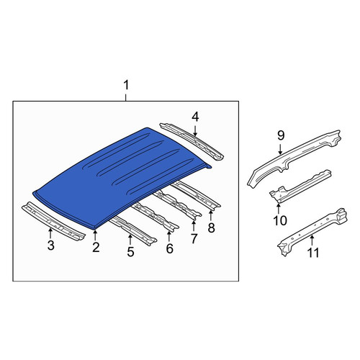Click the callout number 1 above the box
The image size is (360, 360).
126,86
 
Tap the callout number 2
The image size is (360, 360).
96,247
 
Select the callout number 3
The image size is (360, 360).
50,246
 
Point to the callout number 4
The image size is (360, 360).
195,117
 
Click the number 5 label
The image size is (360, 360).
130,252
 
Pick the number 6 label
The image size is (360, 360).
169,248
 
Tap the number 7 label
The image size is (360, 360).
194,238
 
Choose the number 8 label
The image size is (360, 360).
211,228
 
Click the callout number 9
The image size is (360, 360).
281,135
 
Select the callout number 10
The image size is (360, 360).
280,220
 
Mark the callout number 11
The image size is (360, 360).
313,253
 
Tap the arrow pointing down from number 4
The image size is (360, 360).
195,130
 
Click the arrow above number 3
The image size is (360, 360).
50,233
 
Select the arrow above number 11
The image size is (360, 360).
312,240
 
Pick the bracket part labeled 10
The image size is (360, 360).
301,186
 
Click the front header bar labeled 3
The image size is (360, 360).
53,221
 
